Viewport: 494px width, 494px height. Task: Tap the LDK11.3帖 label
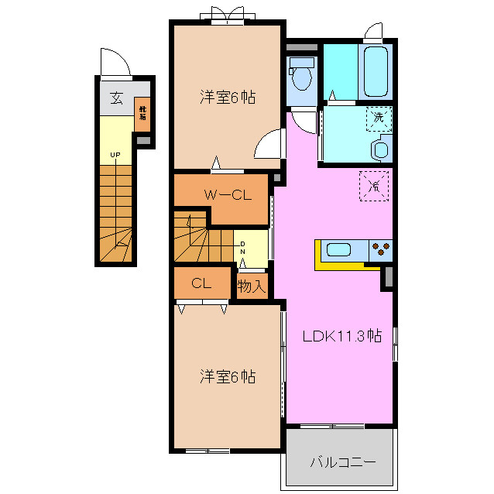click(x=341, y=336)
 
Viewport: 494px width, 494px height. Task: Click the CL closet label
click(x=201, y=283)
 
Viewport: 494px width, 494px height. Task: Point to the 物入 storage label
click(x=252, y=286)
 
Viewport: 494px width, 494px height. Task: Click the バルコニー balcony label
click(x=342, y=462)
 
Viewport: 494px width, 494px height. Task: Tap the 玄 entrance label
click(x=116, y=98)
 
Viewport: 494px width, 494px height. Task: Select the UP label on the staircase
click(x=115, y=156)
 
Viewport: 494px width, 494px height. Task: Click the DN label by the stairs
click(x=242, y=248)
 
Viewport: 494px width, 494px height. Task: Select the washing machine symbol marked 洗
click(x=378, y=118)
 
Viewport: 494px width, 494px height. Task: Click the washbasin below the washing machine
click(x=381, y=148)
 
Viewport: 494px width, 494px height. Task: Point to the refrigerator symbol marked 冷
click(x=373, y=186)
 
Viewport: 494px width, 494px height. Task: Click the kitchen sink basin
click(x=340, y=249)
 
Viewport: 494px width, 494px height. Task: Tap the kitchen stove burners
click(x=381, y=249)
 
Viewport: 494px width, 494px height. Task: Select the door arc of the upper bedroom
click(x=268, y=145)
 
